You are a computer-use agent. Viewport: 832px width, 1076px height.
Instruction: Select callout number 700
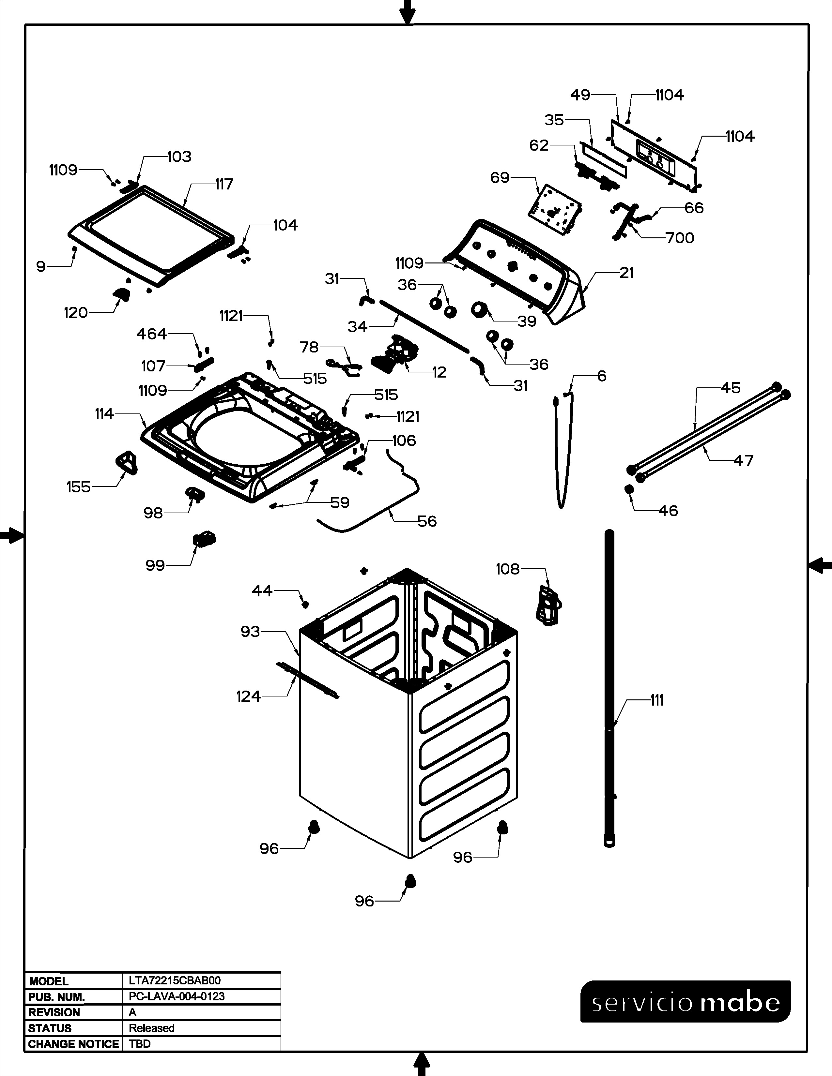tap(680, 238)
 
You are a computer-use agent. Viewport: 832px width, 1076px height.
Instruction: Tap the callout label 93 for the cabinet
tap(250, 631)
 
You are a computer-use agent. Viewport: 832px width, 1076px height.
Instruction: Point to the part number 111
tap(657, 700)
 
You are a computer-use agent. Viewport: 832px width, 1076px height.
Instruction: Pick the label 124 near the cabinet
tap(248, 696)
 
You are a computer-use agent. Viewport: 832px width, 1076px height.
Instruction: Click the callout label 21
tap(626, 273)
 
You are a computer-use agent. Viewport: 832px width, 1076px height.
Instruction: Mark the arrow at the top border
tap(407, 11)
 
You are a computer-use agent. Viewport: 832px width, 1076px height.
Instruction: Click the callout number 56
tap(427, 521)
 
